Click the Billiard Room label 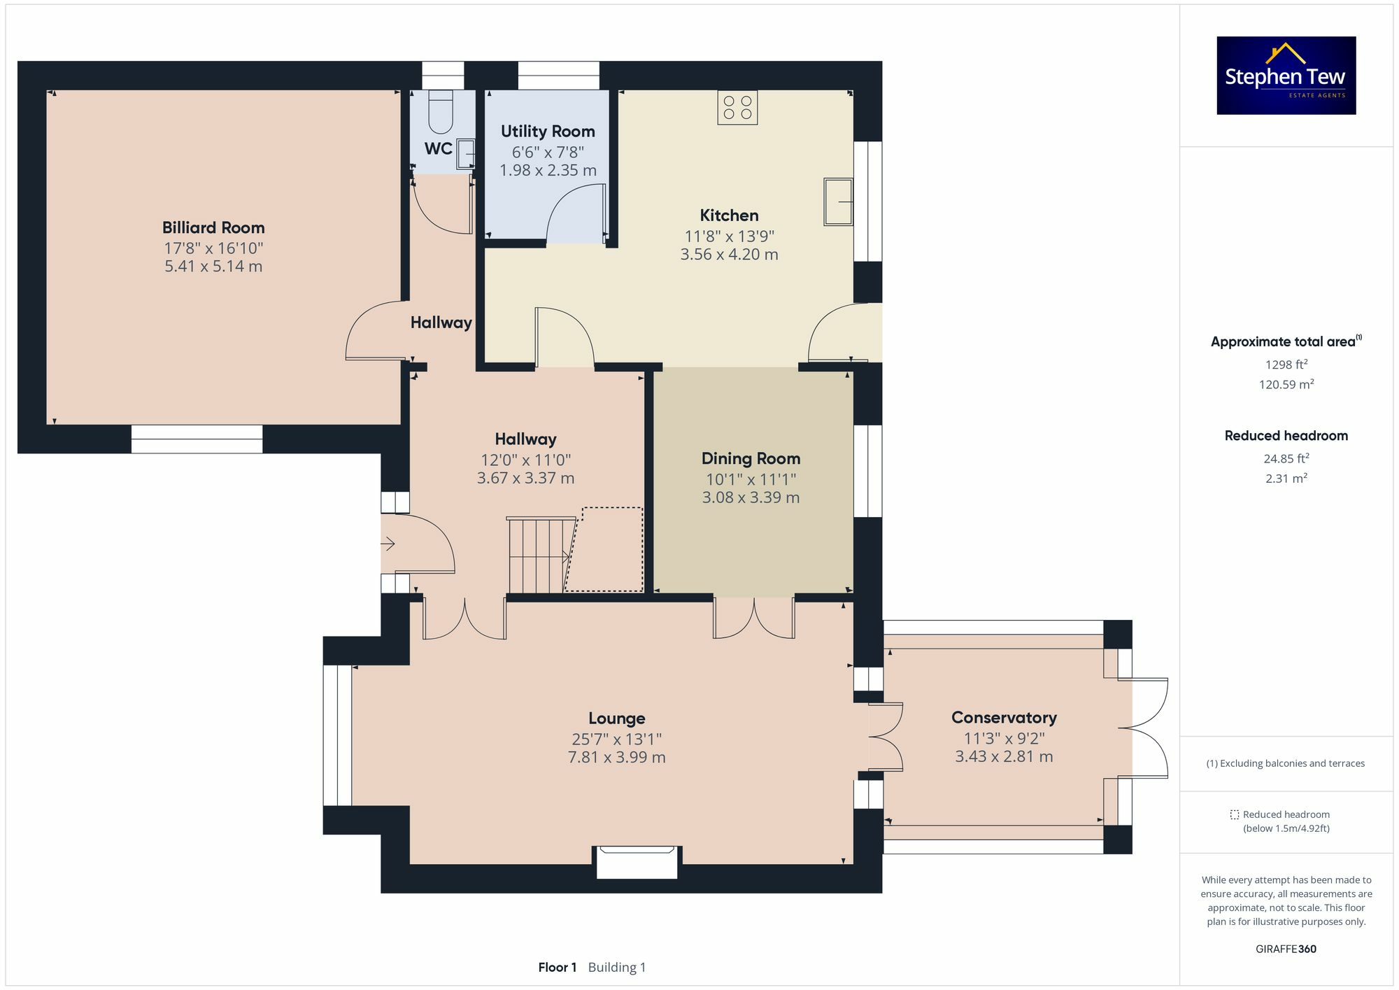click(213, 227)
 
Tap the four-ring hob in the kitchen click(737, 107)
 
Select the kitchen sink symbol click(838, 201)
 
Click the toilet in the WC click(441, 111)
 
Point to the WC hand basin click(465, 153)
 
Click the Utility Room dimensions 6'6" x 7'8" click(548, 152)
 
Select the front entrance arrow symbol click(388, 544)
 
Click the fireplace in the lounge click(637, 862)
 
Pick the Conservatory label click(1004, 717)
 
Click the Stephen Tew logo click(1286, 76)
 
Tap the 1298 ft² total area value click(1286, 365)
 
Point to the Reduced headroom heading click(1286, 435)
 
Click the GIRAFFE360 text click(1286, 949)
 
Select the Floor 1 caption click(558, 967)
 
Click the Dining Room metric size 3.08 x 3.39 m click(751, 497)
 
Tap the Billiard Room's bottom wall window click(197, 439)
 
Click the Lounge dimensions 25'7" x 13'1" click(616, 739)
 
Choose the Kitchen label click(729, 215)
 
